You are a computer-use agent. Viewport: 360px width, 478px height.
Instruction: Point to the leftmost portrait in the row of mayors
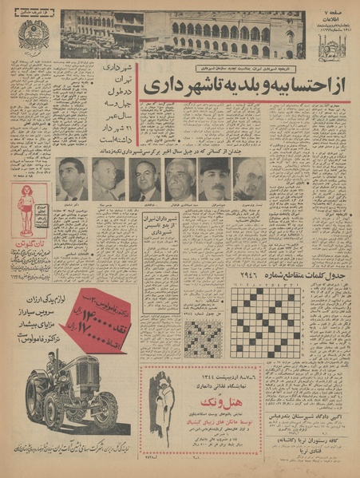73,179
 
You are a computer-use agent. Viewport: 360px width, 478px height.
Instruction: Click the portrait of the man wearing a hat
214,179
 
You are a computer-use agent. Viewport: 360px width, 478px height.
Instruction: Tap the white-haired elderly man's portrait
180,179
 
